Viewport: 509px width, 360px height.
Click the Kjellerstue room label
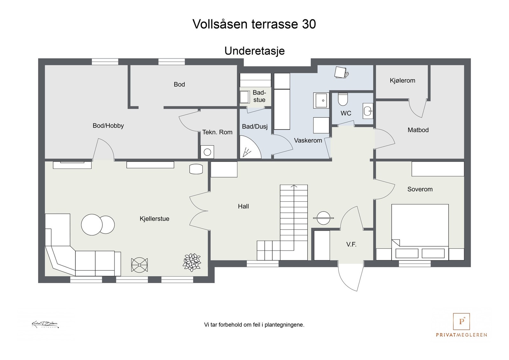pos(154,219)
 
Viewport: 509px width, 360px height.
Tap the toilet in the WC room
pos(343,99)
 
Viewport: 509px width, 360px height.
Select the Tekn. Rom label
pos(217,132)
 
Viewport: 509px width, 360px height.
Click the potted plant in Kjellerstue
pos(192,262)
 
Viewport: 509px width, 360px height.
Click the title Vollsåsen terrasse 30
pos(254,24)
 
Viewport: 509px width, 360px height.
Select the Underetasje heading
pos(254,51)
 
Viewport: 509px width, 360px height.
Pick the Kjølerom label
pos(402,80)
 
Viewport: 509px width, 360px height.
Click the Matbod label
pos(418,130)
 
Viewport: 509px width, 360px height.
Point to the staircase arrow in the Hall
pos(294,187)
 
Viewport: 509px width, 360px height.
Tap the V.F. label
pos(351,245)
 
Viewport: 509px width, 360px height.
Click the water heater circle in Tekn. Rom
pos(207,152)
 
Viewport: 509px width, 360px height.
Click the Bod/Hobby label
pos(108,126)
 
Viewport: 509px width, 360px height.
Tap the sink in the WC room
pos(367,111)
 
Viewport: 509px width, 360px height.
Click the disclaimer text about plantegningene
pos(254,325)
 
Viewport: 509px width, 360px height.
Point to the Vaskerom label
pos(308,141)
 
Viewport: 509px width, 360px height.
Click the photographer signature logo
pos(45,325)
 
